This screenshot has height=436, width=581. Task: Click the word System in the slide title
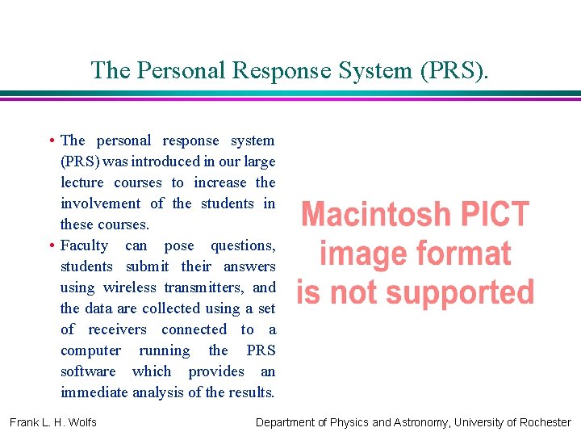click(x=369, y=70)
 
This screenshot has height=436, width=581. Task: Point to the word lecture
click(x=82, y=182)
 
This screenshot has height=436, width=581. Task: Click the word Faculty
click(x=84, y=245)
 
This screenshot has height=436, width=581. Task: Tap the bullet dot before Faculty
click(x=52, y=245)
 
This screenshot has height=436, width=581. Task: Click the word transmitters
click(x=205, y=287)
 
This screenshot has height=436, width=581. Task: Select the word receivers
click(x=118, y=329)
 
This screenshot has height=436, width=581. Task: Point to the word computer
click(x=90, y=350)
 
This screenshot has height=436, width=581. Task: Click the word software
click(x=88, y=371)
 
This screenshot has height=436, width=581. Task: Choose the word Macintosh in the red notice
click(x=374, y=215)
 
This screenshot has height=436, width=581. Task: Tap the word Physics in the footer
click(x=349, y=422)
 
